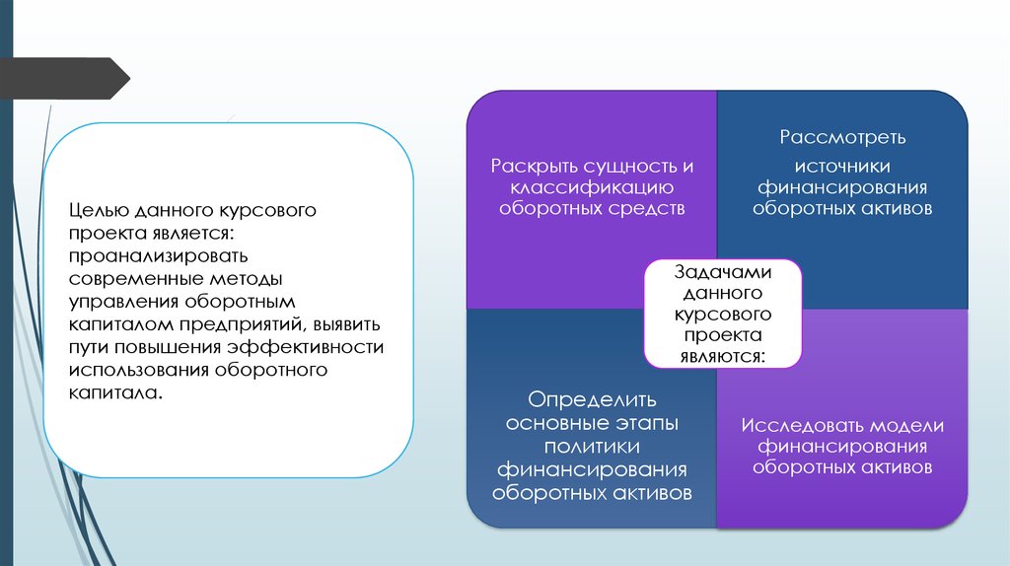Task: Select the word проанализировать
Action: [x=159, y=256]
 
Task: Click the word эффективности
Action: [x=306, y=347]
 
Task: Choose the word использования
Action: [x=139, y=370]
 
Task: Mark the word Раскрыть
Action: [x=534, y=167]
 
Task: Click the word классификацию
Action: [x=592, y=188]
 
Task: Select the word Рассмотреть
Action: [x=842, y=138]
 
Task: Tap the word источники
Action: [x=842, y=167]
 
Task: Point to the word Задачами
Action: [x=723, y=272]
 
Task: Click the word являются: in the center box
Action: [x=723, y=356]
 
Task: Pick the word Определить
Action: [x=592, y=400]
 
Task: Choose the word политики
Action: [x=592, y=447]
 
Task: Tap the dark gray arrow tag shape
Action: [x=65, y=79]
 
